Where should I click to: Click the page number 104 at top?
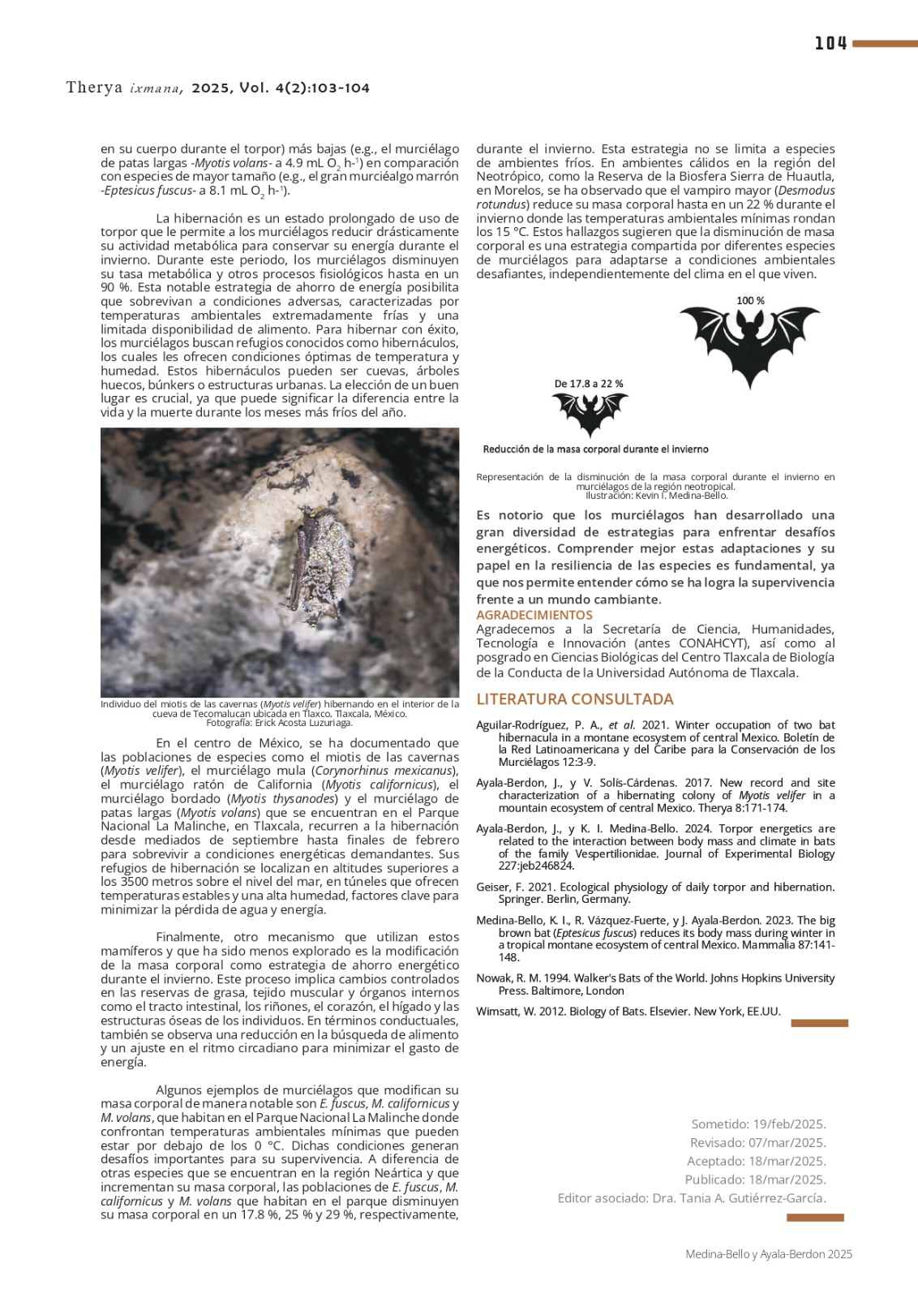pyautogui.click(x=830, y=44)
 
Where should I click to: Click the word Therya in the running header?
pyautogui.click(x=94, y=88)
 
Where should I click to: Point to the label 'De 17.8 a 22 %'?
pyautogui.click(x=589, y=384)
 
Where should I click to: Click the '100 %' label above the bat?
pyautogui.click(x=750, y=301)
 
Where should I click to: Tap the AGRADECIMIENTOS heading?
pyautogui.click(x=534, y=615)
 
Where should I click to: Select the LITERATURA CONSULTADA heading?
pyautogui.click(x=575, y=699)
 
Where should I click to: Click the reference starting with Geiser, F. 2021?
pyautogui.click(x=655, y=893)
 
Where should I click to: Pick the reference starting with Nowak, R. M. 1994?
pyautogui.click(x=655, y=984)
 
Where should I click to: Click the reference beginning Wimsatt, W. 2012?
pyautogui.click(x=628, y=1012)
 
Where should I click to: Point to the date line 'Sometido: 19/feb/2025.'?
pyautogui.click(x=758, y=1124)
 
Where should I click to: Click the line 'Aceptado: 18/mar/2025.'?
pyautogui.click(x=756, y=1162)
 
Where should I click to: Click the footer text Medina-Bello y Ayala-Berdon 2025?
pyautogui.click(x=769, y=1254)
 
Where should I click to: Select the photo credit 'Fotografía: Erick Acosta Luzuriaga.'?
pyautogui.click(x=279, y=723)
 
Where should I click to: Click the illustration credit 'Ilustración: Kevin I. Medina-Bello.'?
pyautogui.click(x=656, y=495)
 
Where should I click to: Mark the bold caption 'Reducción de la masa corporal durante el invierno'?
pyautogui.click(x=595, y=449)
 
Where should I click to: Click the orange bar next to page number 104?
pyautogui.click(x=885, y=44)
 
